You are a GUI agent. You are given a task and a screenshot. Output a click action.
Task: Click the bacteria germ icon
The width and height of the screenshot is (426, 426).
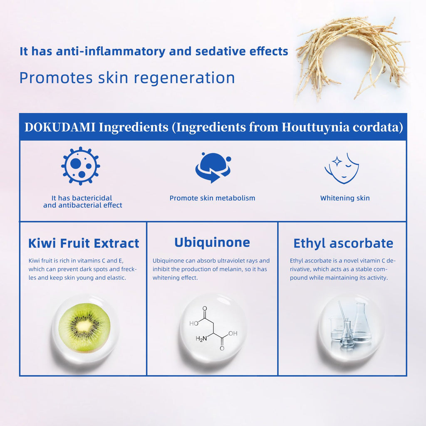click(x=80, y=166)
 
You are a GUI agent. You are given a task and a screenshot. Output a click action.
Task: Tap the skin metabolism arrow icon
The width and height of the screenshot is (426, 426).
click(x=213, y=168)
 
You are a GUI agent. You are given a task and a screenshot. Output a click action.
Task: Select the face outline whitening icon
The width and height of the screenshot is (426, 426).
click(x=342, y=168)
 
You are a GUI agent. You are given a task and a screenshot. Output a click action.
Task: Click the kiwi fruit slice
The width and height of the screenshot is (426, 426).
click(x=84, y=328)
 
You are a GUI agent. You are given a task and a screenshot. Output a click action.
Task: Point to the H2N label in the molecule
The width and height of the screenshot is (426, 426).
click(x=201, y=339)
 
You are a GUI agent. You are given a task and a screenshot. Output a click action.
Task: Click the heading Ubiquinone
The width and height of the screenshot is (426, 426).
click(x=212, y=243)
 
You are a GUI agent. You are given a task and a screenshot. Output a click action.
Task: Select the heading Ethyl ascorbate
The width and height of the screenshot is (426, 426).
click(x=343, y=243)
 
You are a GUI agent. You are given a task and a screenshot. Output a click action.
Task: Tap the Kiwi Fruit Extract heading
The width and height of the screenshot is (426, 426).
click(x=84, y=243)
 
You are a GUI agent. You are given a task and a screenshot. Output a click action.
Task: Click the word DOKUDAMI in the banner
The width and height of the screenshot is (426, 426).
click(x=60, y=127)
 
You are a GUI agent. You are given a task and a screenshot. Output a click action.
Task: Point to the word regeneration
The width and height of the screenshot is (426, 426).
click(x=184, y=78)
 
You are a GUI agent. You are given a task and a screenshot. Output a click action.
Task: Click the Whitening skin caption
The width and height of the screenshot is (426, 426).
click(x=345, y=198)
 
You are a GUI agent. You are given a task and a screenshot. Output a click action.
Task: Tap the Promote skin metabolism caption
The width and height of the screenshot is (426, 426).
click(x=213, y=198)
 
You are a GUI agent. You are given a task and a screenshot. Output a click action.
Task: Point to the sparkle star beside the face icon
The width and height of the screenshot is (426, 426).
click(x=337, y=161)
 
